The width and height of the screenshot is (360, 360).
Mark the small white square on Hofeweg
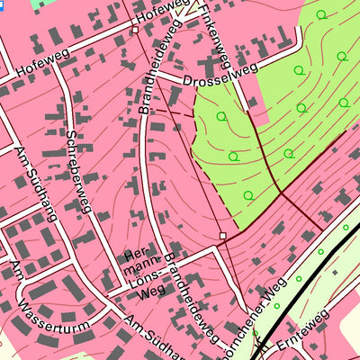click(135, 30)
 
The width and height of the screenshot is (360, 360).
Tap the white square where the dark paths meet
click(222, 237)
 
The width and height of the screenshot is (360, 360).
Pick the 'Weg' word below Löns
click(152, 291)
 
